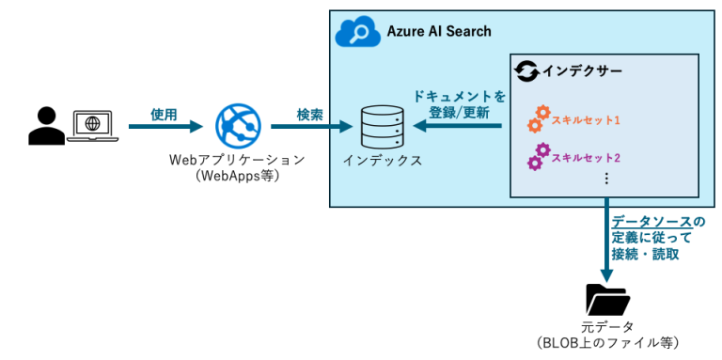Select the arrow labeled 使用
pos(165,126)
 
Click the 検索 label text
pos(309,114)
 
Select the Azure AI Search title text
pos(439,32)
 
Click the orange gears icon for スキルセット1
pos(539,118)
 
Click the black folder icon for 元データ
pos(607,300)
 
